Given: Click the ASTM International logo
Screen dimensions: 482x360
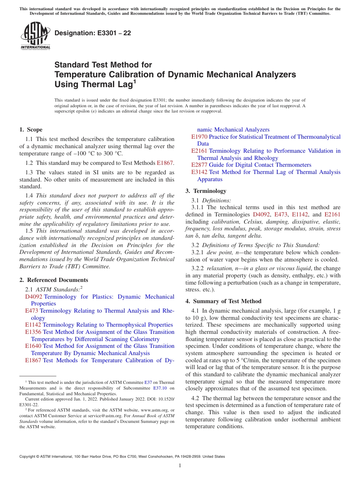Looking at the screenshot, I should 35,36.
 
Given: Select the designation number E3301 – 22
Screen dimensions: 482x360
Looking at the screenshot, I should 93,33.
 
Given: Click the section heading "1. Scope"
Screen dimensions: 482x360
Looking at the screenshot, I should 31,130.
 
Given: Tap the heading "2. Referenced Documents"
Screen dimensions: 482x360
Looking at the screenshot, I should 53,280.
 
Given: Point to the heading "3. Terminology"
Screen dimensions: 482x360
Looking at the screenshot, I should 206,191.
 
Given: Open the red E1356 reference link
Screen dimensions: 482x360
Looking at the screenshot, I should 33,332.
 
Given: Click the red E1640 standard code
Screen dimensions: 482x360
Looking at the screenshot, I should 33,346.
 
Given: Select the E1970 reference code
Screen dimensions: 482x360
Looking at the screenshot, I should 199,137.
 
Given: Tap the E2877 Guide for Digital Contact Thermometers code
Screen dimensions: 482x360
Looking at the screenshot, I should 199,165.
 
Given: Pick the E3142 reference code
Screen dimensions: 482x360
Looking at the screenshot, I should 199,172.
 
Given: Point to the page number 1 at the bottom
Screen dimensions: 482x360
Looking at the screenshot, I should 180,465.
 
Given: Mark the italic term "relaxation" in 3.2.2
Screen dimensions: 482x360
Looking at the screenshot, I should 220,268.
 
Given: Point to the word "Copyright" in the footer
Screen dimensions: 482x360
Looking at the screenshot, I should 28,457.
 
